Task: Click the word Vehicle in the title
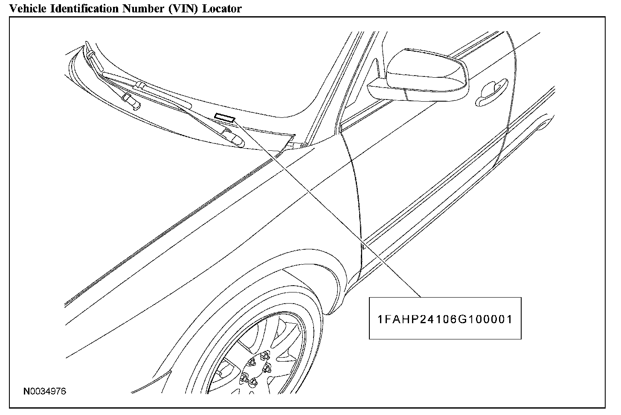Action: [26, 8]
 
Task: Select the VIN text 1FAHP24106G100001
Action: [445, 319]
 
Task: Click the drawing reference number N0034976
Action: [45, 391]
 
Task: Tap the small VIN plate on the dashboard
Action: [225, 117]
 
